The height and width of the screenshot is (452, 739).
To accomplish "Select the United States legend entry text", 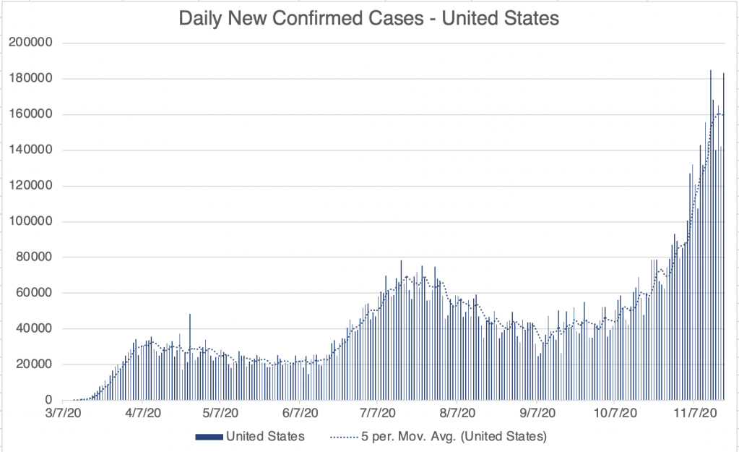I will (x=265, y=436).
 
